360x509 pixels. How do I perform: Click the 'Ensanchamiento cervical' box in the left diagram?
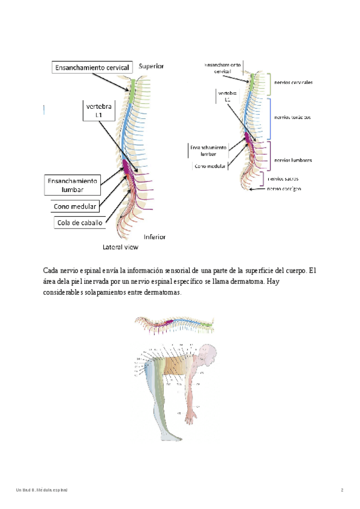tap(92, 68)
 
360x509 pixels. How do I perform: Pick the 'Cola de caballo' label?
tap(79, 223)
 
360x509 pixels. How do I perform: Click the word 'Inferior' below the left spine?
tap(154, 236)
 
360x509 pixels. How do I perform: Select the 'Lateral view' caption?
tap(121, 247)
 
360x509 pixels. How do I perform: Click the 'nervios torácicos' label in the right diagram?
tap(292, 118)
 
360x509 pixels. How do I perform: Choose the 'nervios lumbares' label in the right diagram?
tap(292, 160)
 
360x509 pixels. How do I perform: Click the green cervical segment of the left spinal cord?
tap(131, 94)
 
